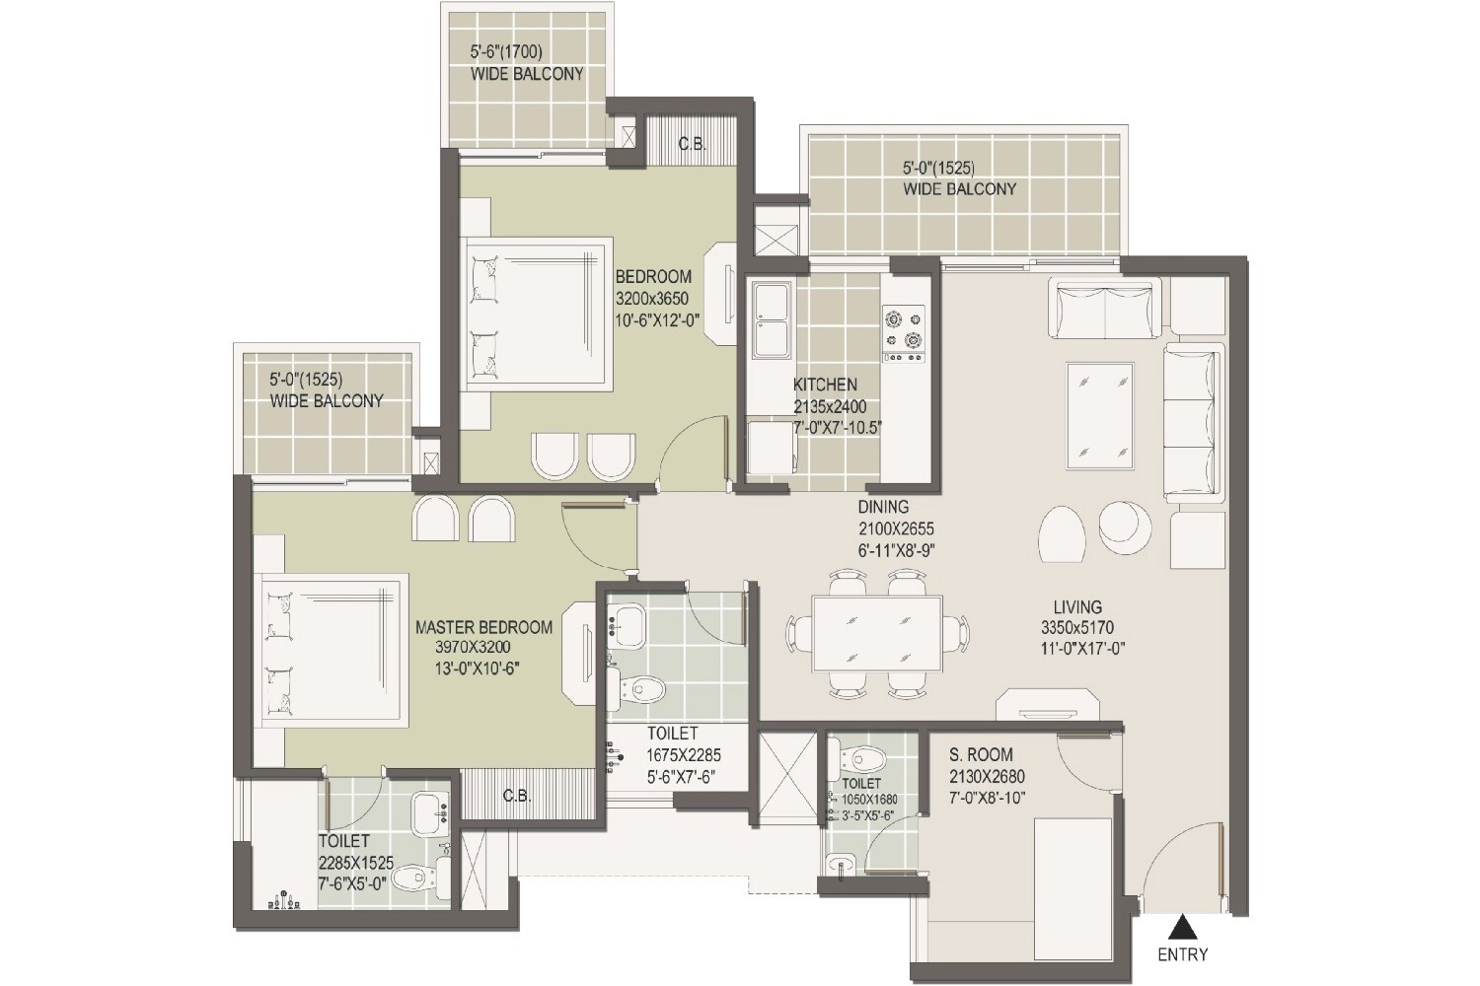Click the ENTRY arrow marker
point(1181,926)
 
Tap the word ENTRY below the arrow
point(1182,954)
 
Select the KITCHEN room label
point(825,385)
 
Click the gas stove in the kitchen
point(905,329)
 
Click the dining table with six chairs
point(876,632)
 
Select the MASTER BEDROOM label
point(483,627)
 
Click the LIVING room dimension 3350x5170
point(1076,628)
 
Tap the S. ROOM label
point(981,755)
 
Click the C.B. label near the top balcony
point(692,144)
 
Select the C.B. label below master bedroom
point(516,796)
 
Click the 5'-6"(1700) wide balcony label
point(506,52)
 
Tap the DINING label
point(883,507)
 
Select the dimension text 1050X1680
point(868,800)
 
